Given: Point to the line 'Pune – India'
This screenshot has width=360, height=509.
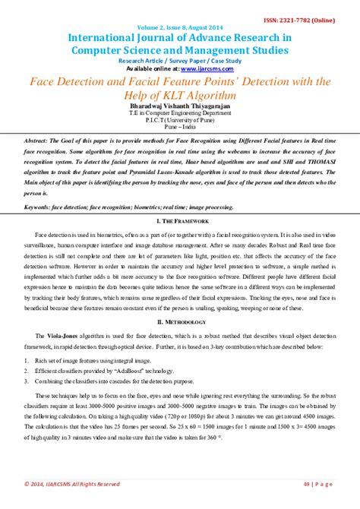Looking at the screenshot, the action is tap(180, 130).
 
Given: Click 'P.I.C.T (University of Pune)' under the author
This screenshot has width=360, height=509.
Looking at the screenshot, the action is tap(180, 121).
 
